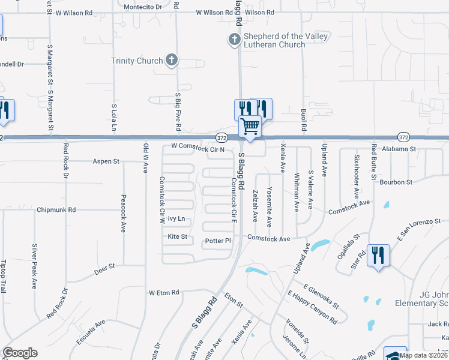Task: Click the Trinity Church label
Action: click(x=137, y=61)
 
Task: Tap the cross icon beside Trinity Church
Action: click(x=172, y=60)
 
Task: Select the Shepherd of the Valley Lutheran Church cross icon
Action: click(x=234, y=40)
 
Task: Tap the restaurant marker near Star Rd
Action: click(x=378, y=256)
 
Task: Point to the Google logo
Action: click(x=20, y=353)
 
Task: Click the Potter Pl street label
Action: click(x=218, y=241)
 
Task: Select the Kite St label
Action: click(x=178, y=237)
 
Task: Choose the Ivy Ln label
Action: click(x=176, y=219)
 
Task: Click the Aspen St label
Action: click(x=106, y=161)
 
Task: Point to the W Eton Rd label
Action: click(x=164, y=293)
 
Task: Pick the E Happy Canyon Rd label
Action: click(x=313, y=307)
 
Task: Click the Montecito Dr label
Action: click(x=142, y=7)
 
